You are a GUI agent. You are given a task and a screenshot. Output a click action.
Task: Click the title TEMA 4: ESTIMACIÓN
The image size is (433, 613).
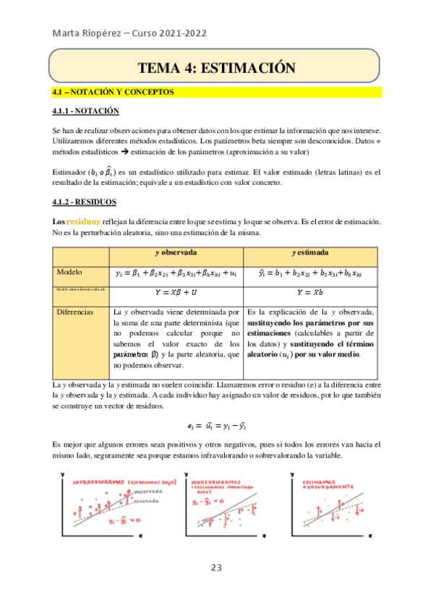(216, 68)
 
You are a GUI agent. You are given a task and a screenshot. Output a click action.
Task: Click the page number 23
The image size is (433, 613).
(216, 567)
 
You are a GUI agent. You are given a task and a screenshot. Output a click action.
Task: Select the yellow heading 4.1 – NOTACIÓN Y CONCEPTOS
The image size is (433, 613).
(113, 92)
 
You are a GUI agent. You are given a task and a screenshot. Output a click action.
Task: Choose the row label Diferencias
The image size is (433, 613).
(76, 312)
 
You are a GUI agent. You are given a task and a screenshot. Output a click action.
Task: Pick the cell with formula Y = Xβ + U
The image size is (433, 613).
(176, 292)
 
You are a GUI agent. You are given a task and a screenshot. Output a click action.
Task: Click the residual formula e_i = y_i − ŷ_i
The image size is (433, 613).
(216, 426)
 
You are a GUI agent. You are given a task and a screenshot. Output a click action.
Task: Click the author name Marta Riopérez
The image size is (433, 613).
(83, 32)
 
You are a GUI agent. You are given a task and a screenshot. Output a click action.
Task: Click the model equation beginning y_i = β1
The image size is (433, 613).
(176, 273)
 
